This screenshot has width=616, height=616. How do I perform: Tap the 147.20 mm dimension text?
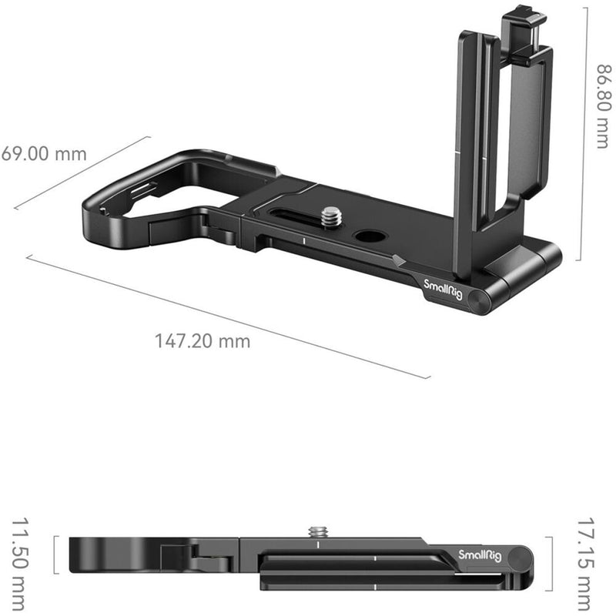click(x=203, y=340)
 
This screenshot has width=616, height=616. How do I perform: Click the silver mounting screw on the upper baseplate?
click(x=333, y=218)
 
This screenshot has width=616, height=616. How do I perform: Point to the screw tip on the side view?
click(x=317, y=531)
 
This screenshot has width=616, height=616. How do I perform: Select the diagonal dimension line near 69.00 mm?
click(x=82, y=173)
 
